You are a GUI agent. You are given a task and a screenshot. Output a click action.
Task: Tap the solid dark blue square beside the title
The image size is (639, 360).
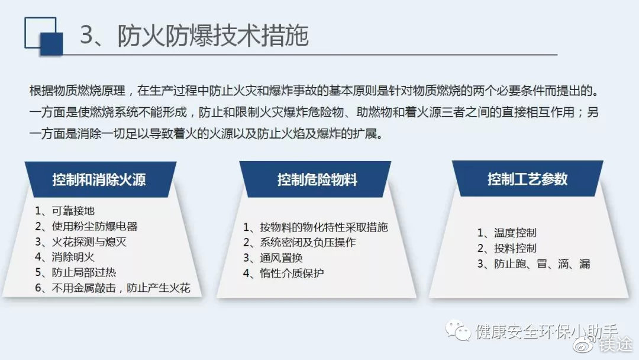coord(51,44)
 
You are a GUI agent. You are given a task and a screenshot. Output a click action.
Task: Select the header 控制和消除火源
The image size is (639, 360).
coord(99,179)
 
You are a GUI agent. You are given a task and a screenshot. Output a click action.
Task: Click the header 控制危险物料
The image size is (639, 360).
coord(317,179)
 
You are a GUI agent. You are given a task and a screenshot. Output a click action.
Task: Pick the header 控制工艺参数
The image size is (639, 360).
coord(527,179)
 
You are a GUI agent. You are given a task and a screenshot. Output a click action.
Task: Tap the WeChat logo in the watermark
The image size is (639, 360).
coord(458,330)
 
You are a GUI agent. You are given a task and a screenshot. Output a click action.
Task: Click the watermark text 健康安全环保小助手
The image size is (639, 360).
coord(547,332)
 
